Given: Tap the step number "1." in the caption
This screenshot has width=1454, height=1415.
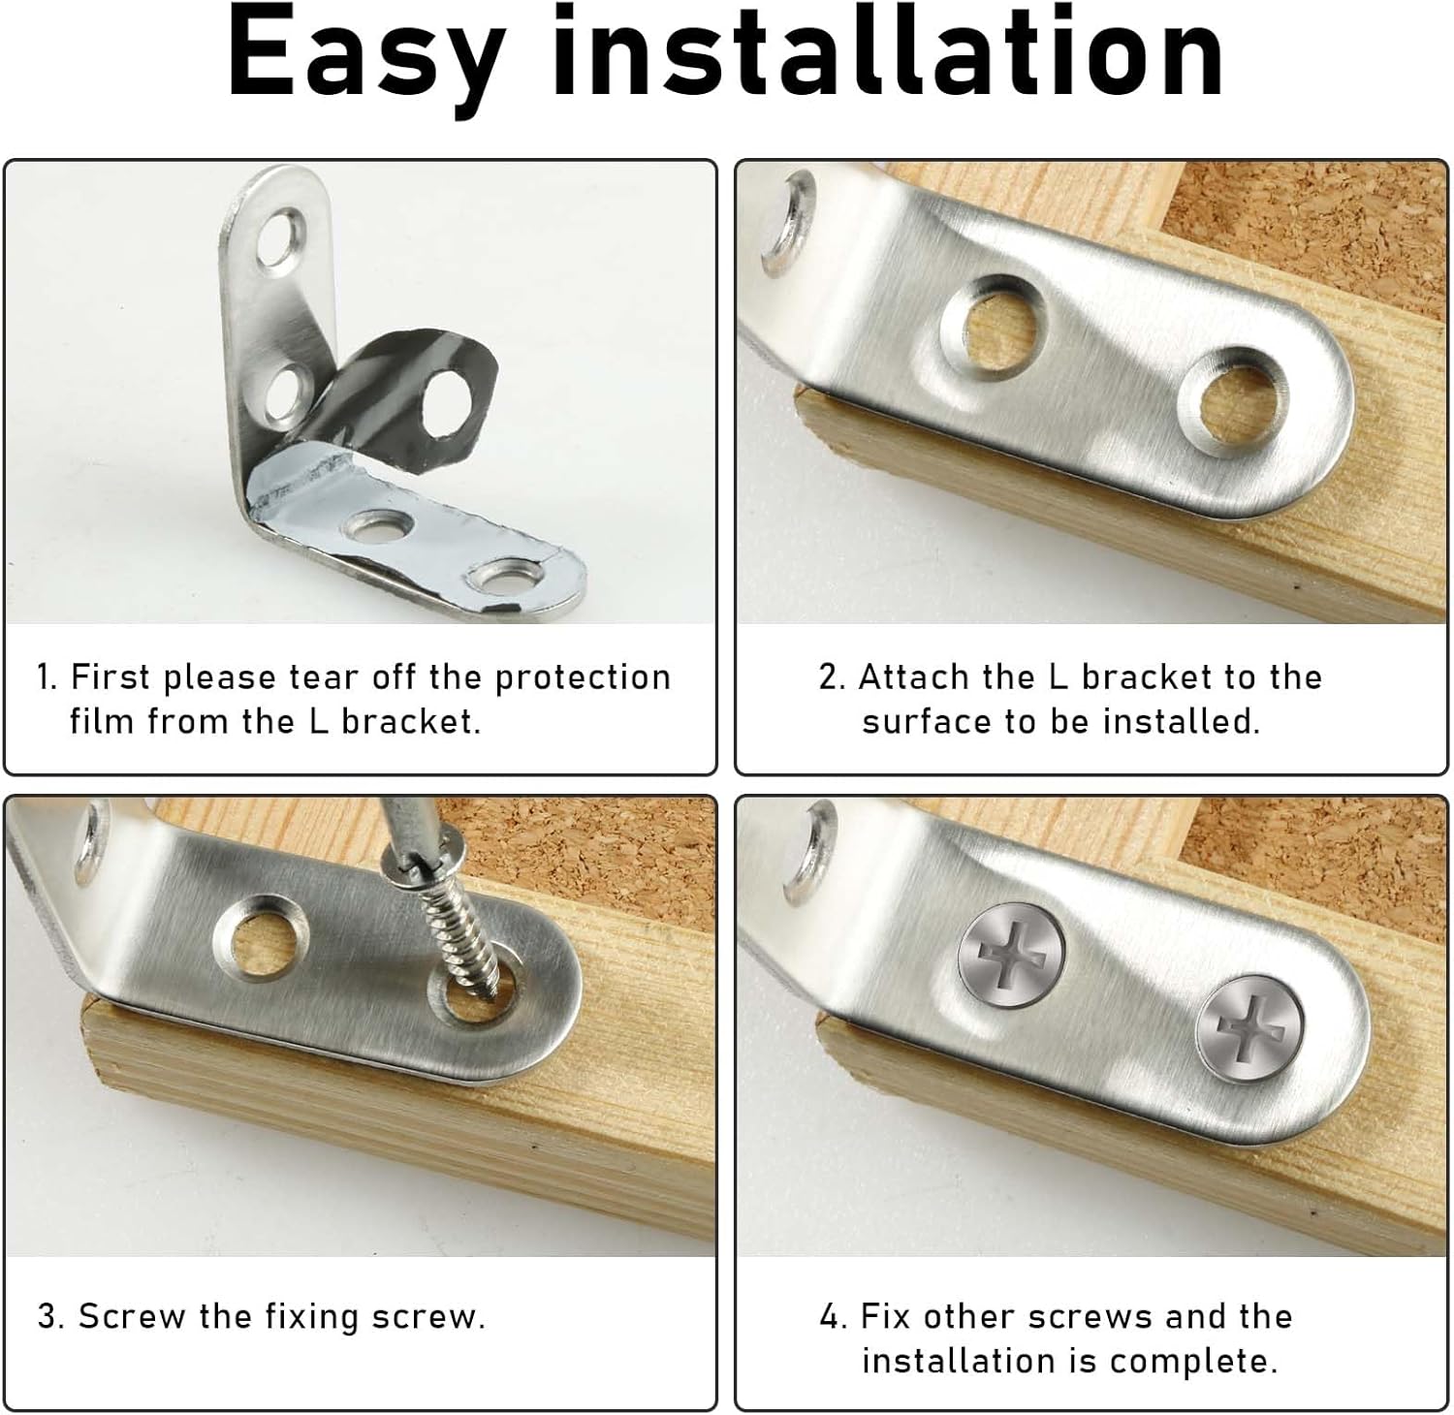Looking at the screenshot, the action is click(47, 676).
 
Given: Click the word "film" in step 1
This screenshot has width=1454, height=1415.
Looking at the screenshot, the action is click(102, 721).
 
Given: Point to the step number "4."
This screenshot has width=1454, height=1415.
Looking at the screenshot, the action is click(835, 1316).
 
